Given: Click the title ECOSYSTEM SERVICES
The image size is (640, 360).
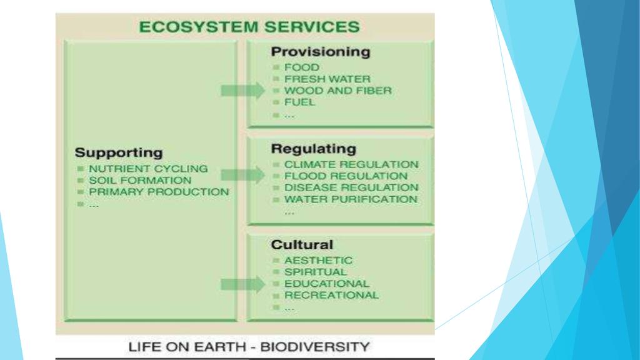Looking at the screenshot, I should (x=249, y=27).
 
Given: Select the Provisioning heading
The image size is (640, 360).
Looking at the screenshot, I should (x=320, y=52).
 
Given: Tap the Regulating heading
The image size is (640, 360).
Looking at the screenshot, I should (x=313, y=149).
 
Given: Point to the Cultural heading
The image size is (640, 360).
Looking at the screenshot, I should (x=302, y=244).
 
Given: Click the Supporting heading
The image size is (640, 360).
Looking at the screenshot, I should (x=118, y=152).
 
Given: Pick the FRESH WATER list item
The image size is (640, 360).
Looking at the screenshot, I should (x=327, y=79).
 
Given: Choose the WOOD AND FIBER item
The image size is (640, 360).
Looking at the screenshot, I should (x=338, y=91).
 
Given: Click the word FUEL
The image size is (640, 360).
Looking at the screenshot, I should (x=300, y=102).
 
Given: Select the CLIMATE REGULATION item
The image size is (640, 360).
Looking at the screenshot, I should (x=351, y=164).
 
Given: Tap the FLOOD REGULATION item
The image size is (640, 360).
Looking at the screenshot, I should (x=346, y=176).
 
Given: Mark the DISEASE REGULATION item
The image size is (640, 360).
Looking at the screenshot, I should (x=351, y=187).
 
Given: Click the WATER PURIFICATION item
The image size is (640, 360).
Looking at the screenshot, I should (x=351, y=199).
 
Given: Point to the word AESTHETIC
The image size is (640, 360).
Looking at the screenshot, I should (x=318, y=260).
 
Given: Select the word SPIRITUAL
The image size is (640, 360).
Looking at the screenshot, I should (x=315, y=272).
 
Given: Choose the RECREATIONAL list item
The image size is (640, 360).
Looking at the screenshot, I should (x=331, y=295).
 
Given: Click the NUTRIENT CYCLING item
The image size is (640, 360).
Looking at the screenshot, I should (x=148, y=169).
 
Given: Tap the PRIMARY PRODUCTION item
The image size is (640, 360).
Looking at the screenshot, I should (x=159, y=192).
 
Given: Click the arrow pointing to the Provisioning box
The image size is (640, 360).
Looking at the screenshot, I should (x=243, y=91).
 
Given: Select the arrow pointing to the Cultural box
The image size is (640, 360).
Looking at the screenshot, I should (x=243, y=284).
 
